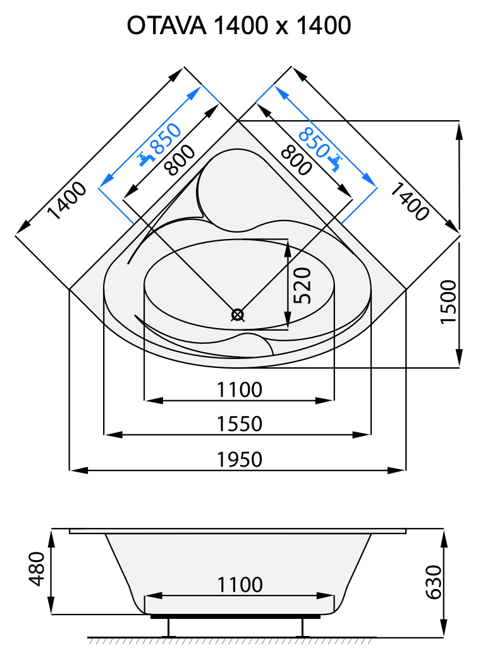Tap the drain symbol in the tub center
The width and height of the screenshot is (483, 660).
pos(238,314)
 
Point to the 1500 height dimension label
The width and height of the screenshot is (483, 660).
pos(448,302)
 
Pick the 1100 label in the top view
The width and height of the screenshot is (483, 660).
pos(239,389)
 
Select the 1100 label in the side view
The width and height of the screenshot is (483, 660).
pos(239,585)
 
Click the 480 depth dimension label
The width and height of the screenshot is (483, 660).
pos(37,570)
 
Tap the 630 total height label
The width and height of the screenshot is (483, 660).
pos(433,582)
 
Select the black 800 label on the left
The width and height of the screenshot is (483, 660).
pos(180,157)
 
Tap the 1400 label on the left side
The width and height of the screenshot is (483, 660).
pos(66,200)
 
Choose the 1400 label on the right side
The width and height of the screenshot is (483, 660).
pos(408,200)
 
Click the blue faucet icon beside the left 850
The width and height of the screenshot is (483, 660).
pos(147,157)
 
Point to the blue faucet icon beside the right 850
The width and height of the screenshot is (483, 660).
pos(335,162)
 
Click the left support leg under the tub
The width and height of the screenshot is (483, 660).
pos(170,626)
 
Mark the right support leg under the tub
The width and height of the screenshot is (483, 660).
pos(302,626)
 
